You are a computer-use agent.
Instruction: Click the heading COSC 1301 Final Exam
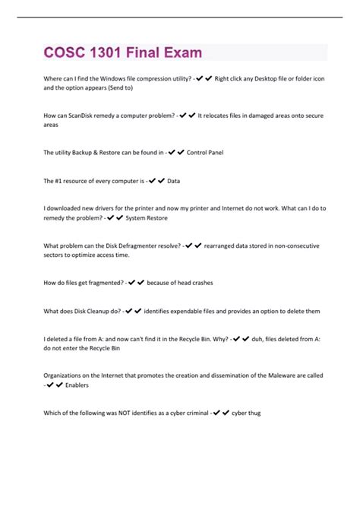point(122,52)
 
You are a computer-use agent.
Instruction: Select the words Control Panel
point(204,152)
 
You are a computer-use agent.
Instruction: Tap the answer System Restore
point(147,218)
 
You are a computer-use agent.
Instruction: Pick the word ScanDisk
point(86,116)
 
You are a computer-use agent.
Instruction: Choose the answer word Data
point(173,180)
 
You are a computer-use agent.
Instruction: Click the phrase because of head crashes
point(179,283)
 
